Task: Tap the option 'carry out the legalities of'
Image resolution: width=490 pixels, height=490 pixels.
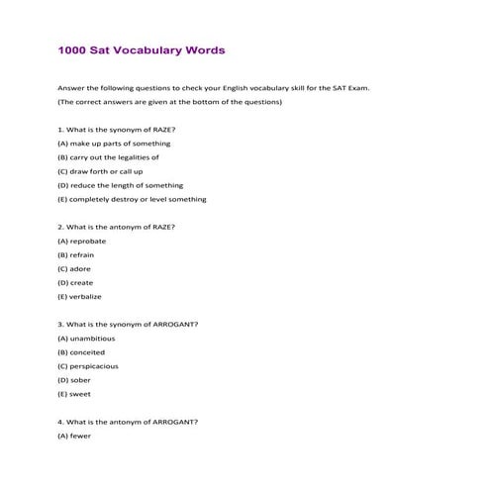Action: [108, 157]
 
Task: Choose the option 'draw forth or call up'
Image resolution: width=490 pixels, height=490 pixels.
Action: [100, 171]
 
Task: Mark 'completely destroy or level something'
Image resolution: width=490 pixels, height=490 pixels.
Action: [132, 199]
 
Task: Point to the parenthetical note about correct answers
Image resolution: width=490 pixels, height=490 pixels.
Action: [170, 102]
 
